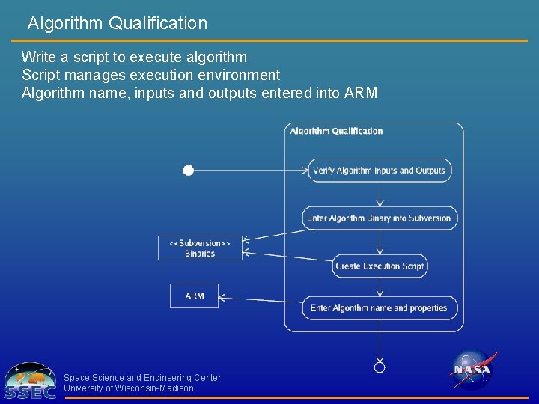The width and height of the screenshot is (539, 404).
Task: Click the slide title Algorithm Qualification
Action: point(118,23)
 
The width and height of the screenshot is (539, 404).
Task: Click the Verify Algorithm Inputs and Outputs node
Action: point(380,171)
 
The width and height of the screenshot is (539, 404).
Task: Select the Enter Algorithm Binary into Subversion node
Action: point(380,218)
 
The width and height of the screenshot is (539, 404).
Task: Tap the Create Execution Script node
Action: point(380,266)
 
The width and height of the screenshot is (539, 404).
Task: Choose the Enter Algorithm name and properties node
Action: point(380,308)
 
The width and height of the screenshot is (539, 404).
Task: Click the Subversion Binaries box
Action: point(200,248)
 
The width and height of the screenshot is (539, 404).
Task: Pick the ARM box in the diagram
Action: point(194,296)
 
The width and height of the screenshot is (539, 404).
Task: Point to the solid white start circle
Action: point(189,171)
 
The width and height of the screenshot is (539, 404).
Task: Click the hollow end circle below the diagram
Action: point(380,367)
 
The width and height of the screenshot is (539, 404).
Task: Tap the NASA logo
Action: point(472,370)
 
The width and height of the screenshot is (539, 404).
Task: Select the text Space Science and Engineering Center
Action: point(142,378)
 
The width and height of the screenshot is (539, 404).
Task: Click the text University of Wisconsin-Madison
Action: point(129,388)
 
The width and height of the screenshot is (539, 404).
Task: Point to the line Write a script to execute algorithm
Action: point(134,57)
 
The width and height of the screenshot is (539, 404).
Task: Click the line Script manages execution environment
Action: point(150,75)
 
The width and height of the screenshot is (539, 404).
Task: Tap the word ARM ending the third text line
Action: point(361,94)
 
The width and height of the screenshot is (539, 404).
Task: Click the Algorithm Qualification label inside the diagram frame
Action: point(336,131)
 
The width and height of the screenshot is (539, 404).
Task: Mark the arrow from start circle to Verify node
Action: point(251,171)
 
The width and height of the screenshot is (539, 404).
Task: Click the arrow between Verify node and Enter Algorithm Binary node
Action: point(380,195)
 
